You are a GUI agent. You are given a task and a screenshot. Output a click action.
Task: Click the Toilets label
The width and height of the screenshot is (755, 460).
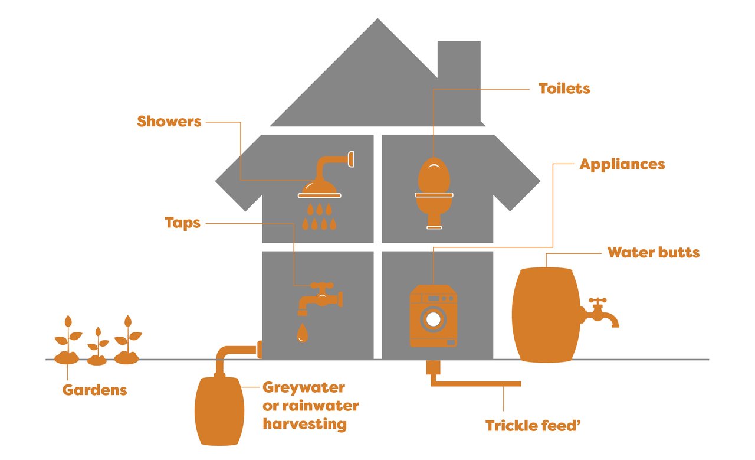tap(564, 89)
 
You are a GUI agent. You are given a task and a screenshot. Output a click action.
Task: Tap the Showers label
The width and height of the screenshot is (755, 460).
tap(169, 122)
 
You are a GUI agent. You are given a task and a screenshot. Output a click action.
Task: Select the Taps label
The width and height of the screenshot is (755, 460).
tap(182, 223)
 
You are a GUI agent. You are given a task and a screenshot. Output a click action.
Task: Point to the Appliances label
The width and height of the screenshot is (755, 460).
tap(622, 165)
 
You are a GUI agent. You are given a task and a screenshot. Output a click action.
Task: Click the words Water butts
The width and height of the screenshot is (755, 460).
tap(654, 253)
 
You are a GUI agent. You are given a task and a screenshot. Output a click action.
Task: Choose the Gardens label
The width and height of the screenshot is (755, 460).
tap(95, 390)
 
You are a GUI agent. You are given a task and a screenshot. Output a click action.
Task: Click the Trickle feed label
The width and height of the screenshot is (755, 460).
tap(533, 426)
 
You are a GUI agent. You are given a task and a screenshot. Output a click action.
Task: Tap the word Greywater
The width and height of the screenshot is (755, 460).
tap(304, 388)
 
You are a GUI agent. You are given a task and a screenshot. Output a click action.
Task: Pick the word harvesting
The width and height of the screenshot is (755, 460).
tap(305, 425)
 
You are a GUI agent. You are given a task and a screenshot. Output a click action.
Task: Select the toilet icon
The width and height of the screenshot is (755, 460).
tap(434, 193)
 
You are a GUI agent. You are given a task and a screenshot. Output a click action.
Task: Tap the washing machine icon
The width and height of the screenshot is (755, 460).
tap(434, 316)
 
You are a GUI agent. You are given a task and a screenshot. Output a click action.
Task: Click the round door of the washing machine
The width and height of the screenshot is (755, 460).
tap(434, 319)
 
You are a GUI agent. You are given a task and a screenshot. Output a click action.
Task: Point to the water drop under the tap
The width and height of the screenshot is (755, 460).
tap(303, 333)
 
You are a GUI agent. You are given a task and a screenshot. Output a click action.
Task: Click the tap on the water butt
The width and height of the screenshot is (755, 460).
tap(600, 313)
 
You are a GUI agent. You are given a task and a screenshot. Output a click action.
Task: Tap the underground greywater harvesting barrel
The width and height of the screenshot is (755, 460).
tap(219, 411)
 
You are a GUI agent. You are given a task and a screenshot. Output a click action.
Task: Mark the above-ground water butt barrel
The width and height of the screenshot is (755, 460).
tap(546, 315)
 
